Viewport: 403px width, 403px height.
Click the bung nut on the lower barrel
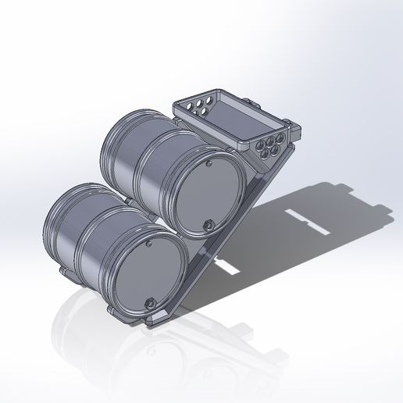148,301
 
